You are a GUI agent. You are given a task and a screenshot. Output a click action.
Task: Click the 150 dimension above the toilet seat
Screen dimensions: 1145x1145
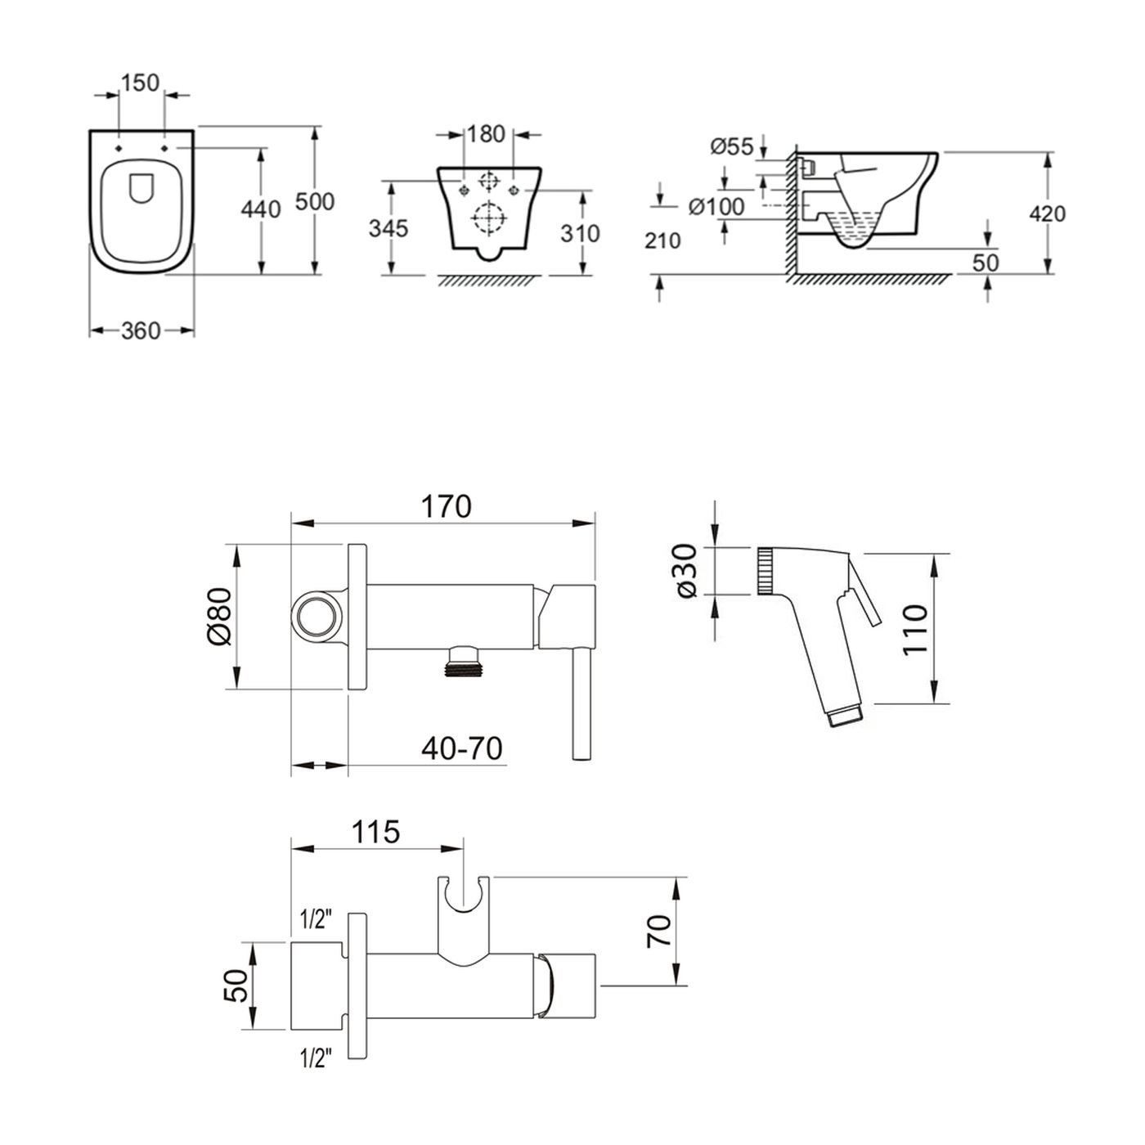(x=141, y=83)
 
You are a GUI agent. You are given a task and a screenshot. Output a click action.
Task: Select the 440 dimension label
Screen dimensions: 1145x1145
(x=261, y=209)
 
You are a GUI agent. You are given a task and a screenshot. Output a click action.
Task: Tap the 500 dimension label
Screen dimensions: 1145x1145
(x=315, y=201)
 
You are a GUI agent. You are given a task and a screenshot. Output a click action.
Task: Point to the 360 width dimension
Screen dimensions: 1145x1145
(x=141, y=330)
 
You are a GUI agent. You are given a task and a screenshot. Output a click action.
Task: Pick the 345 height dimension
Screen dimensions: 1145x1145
(x=388, y=228)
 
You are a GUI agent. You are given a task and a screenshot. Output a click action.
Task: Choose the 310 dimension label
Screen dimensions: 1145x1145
(x=580, y=234)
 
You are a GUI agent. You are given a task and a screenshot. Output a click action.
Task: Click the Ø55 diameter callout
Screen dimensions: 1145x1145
(x=732, y=146)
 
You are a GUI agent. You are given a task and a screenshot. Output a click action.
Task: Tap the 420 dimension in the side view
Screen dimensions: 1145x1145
(x=1048, y=213)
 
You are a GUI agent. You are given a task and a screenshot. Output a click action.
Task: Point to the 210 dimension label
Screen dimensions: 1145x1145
(x=662, y=241)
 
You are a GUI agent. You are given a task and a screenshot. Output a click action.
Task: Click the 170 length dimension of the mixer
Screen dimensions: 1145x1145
(x=447, y=507)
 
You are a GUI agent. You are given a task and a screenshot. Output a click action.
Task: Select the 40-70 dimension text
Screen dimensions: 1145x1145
(x=462, y=748)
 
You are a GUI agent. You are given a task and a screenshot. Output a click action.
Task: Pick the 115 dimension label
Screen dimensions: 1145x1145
(x=375, y=832)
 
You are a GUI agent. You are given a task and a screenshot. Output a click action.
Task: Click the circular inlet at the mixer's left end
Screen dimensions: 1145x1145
(x=316, y=616)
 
